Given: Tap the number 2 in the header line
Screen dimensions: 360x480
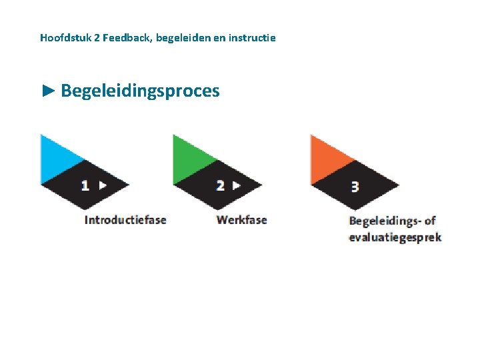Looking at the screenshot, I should tap(97, 37).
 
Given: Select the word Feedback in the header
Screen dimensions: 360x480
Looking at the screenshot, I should tap(127, 37).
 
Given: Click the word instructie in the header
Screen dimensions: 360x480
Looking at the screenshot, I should tap(251, 37).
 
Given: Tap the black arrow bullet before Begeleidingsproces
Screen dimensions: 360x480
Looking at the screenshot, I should tap(47, 91).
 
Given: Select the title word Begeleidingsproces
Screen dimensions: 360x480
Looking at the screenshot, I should tap(140, 91).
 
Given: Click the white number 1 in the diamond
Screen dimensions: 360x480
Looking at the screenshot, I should tap(85, 185).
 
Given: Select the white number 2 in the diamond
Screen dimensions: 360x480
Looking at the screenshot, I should tap(220, 185).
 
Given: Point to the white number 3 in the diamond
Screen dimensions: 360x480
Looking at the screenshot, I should tap(355, 187).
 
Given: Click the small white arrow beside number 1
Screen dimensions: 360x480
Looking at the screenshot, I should tap(102, 185).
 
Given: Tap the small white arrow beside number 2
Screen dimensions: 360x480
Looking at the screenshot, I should tap(236, 185).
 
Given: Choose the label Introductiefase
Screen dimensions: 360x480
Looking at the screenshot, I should tap(125, 219).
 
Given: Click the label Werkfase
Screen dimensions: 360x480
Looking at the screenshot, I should tap(241, 219).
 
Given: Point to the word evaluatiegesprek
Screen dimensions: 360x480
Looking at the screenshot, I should tap(395, 237).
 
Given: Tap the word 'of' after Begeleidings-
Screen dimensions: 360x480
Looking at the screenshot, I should tap(429, 221).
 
